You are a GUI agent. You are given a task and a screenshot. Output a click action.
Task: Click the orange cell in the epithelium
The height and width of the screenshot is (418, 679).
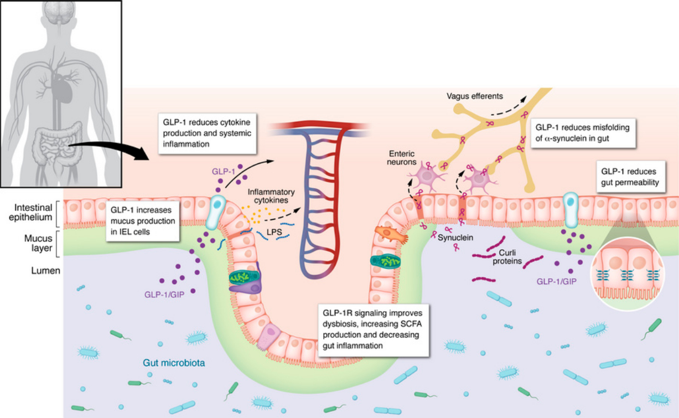tap(391, 234)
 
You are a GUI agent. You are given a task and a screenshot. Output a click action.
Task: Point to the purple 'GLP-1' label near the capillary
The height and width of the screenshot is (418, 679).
tap(225, 172)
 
